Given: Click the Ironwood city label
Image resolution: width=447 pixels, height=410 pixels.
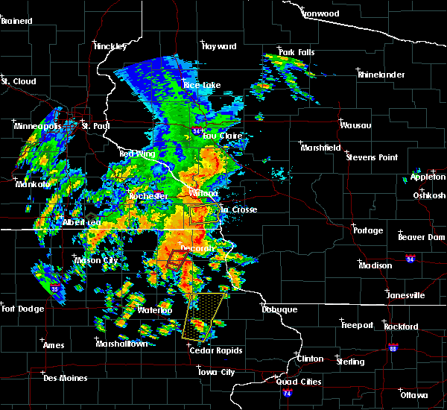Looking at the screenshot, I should click(x=321, y=13).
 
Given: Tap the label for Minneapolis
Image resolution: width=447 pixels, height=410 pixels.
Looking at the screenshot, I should click(x=38, y=126).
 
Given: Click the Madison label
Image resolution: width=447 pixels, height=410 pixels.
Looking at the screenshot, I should click(x=375, y=265).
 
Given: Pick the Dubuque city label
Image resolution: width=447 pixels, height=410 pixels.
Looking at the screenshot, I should click(x=279, y=309).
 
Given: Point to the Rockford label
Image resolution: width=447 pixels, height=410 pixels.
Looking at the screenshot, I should click(x=401, y=327).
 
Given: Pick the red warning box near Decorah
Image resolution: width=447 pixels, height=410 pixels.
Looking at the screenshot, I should click(x=174, y=258).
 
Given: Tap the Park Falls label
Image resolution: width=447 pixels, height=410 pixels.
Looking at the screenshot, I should click(x=297, y=52).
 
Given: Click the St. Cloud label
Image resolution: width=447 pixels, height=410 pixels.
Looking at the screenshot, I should click(x=15, y=81).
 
